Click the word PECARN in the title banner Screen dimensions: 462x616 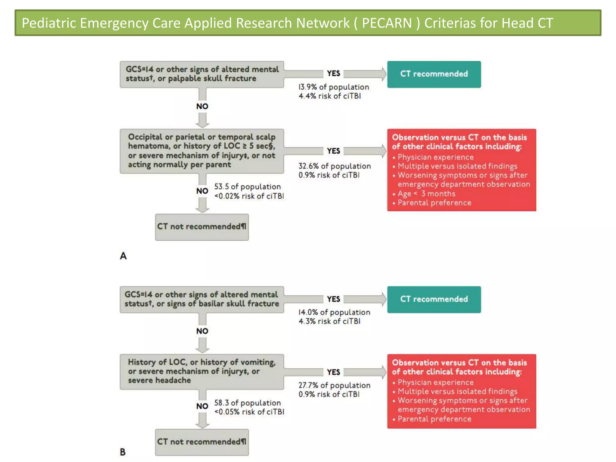click(387, 23)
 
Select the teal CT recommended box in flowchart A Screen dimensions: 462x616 click(434, 74)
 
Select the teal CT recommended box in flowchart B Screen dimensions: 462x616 click(434, 299)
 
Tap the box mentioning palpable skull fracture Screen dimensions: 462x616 click(202, 74)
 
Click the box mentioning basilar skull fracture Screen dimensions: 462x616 click(202, 299)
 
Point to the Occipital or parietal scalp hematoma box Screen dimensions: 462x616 click(202, 151)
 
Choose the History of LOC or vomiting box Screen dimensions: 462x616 click(202, 371)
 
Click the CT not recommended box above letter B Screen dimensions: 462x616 click(202, 442)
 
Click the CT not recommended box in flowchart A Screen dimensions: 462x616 click(202, 227)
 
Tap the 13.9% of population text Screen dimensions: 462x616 click(334, 87)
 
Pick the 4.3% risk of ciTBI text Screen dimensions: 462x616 click(329, 321)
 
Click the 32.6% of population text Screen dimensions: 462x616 click(334, 166)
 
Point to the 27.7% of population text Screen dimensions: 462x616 click(334, 385)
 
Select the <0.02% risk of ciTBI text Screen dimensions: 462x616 click(249, 196)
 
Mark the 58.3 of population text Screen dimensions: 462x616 click(247, 403)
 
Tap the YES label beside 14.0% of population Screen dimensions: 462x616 click(334, 299)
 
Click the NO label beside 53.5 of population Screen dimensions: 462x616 click(202, 191)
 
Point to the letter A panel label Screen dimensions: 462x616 click(123, 256)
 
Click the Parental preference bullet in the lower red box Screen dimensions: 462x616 click(434, 419)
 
